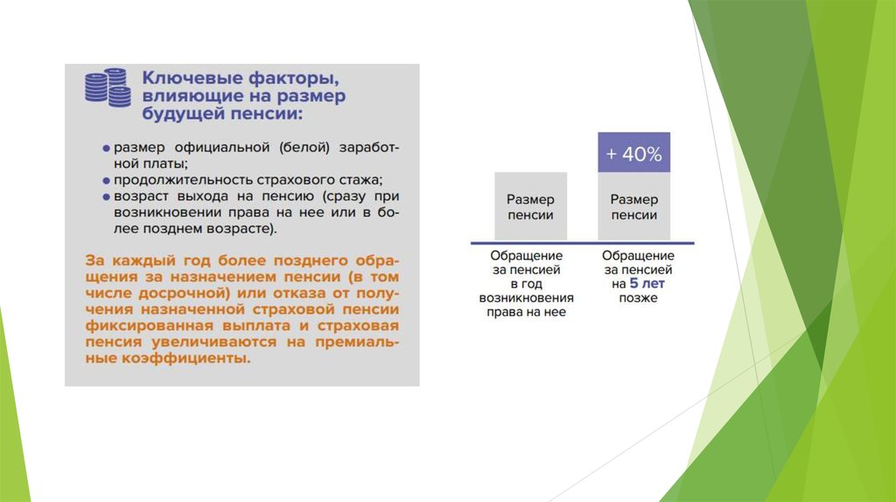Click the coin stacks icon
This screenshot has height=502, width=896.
108,87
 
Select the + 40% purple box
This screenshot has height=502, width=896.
633,152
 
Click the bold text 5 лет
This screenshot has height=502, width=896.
647,284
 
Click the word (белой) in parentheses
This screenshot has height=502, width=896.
304,147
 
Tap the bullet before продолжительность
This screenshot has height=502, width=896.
106,181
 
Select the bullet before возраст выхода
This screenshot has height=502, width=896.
106,197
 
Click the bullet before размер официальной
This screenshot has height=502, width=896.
106,149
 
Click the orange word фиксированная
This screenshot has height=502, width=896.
143,325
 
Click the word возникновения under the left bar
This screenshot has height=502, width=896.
526,298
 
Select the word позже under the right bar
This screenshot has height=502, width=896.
638,298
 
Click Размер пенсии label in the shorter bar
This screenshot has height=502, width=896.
530,206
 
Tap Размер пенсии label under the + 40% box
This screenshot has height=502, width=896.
633,206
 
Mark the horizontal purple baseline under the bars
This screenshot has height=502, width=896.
582,243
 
